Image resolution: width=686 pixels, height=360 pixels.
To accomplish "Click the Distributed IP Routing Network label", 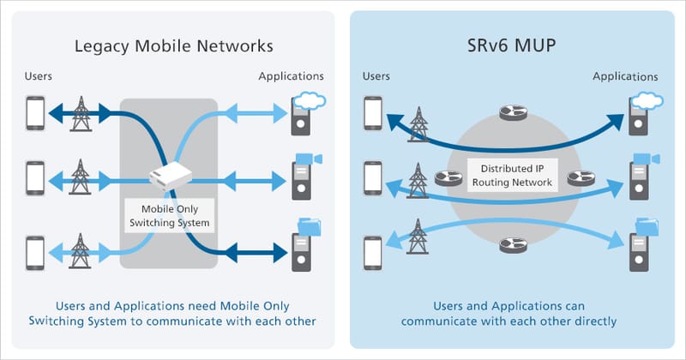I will [x=512, y=175].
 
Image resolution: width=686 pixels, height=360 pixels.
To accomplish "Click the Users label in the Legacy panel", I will [x=39, y=76].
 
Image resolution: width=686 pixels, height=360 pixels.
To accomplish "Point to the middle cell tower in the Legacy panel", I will [x=80, y=177].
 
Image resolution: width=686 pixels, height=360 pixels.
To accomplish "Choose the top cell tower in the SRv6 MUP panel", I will [x=418, y=125].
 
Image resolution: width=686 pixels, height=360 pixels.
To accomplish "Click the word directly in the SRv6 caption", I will [x=591, y=321].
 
